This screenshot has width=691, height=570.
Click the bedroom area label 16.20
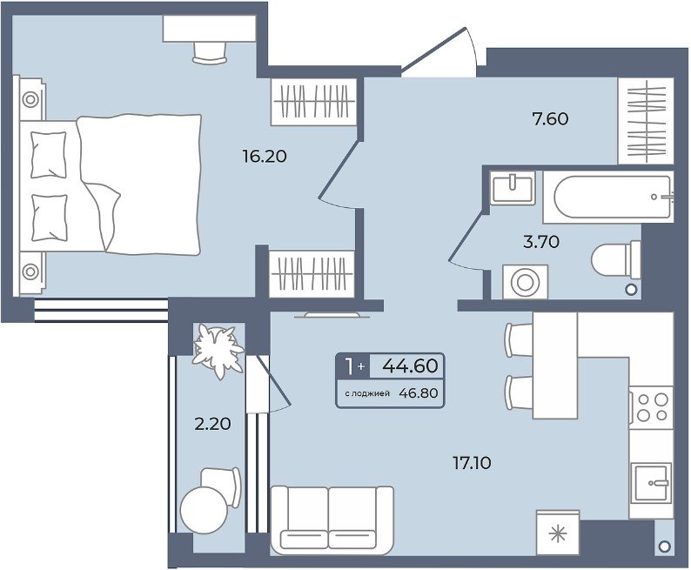(x=265, y=156)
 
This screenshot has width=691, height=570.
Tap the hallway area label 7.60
(x=550, y=118)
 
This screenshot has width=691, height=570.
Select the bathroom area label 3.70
(x=541, y=241)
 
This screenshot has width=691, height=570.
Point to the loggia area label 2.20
(x=213, y=424)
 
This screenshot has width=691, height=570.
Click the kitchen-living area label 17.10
(x=472, y=463)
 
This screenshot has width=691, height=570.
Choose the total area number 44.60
(x=410, y=365)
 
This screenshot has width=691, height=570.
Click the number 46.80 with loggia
(x=419, y=393)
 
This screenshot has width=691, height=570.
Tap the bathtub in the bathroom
(x=608, y=197)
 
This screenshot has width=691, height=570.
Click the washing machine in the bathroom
(x=526, y=282)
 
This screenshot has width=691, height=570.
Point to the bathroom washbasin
(x=513, y=188)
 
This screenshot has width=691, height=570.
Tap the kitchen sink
(x=651, y=482)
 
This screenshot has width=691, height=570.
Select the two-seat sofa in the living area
(x=332, y=520)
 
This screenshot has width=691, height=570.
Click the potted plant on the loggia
(x=218, y=350)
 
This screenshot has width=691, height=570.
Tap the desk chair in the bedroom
(x=210, y=53)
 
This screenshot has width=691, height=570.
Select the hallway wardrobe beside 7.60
(x=646, y=121)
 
